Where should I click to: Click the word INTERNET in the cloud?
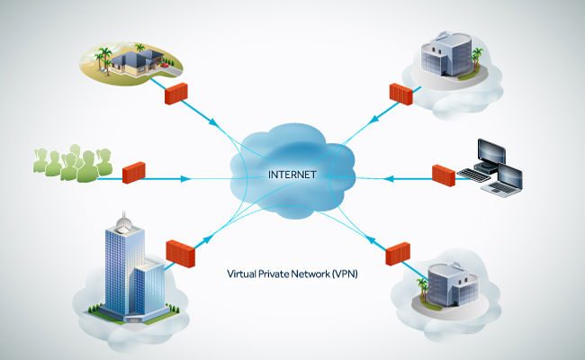pyautogui.click(x=290, y=174)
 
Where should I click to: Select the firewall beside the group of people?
pyautogui.click(x=133, y=172)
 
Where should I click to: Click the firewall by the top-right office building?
pyautogui.click(x=400, y=93)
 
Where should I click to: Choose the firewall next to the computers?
pyautogui.click(x=443, y=174)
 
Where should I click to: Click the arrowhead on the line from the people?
pyautogui.click(x=186, y=179)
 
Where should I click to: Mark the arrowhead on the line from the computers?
pyautogui.click(x=389, y=179)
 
